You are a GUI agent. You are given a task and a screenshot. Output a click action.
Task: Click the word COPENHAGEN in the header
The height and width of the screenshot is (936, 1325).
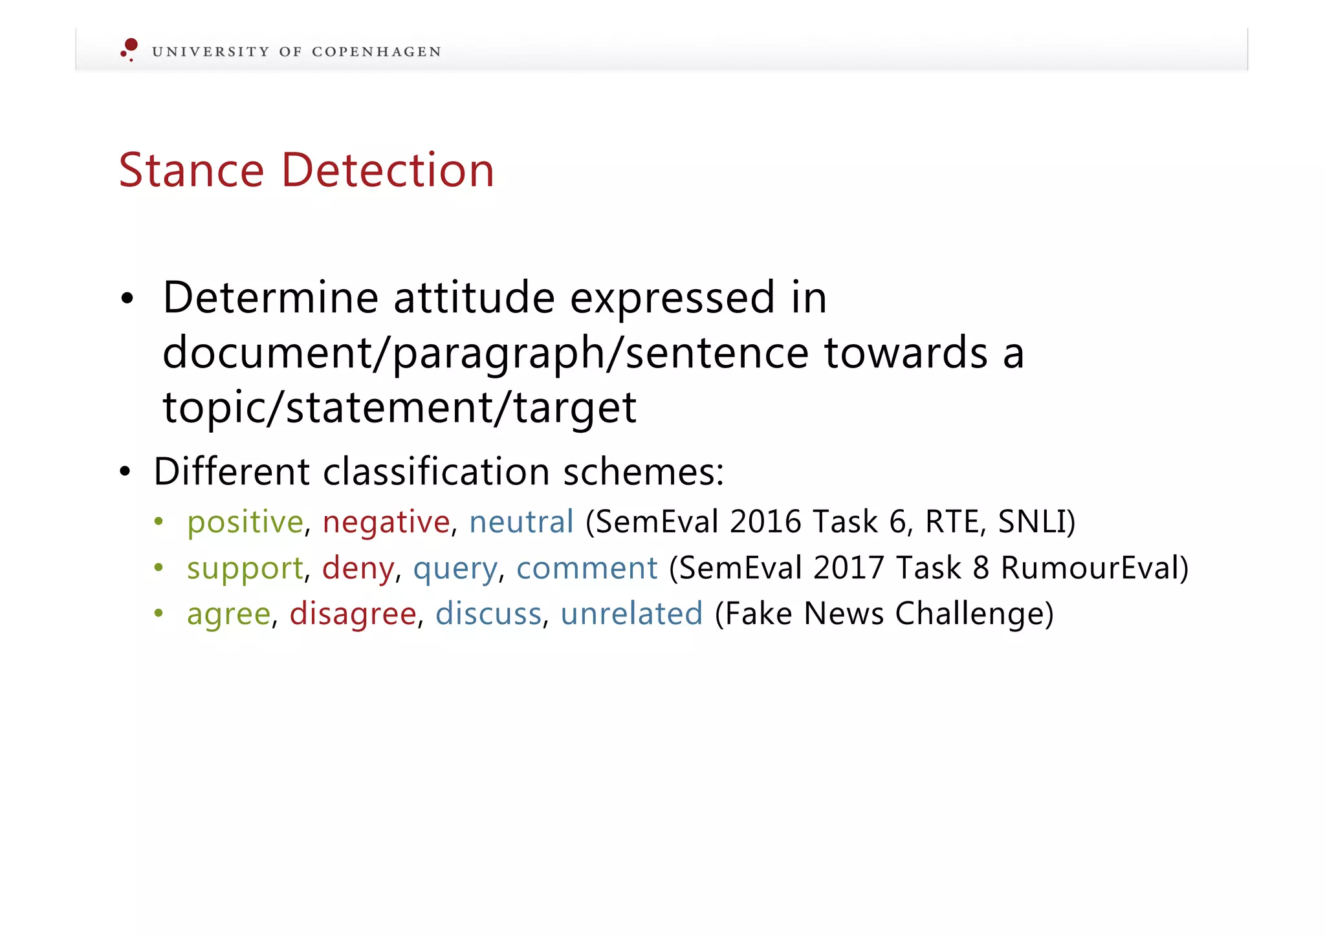(x=376, y=52)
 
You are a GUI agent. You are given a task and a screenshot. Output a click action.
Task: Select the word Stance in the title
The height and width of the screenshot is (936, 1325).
(x=192, y=170)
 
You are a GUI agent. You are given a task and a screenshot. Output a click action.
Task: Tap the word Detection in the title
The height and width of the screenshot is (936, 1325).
(x=388, y=170)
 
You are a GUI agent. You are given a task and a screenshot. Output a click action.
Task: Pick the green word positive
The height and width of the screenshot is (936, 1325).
(x=245, y=522)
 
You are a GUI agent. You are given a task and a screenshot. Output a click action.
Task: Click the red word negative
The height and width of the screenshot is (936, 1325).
(x=386, y=522)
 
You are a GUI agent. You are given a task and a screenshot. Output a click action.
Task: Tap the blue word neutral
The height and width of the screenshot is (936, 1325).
(x=521, y=521)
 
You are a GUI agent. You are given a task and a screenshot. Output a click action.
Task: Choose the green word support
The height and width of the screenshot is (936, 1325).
(x=245, y=569)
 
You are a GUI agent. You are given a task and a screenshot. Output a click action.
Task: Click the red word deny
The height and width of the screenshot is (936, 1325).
(x=358, y=569)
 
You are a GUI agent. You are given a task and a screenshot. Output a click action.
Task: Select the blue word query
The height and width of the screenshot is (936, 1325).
(x=455, y=569)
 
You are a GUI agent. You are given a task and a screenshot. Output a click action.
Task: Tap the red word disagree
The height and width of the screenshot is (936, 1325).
(x=353, y=614)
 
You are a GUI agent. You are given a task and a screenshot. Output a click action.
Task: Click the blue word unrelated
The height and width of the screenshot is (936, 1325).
(x=631, y=613)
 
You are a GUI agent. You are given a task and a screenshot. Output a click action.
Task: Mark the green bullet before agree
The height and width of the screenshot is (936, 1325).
(x=159, y=613)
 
